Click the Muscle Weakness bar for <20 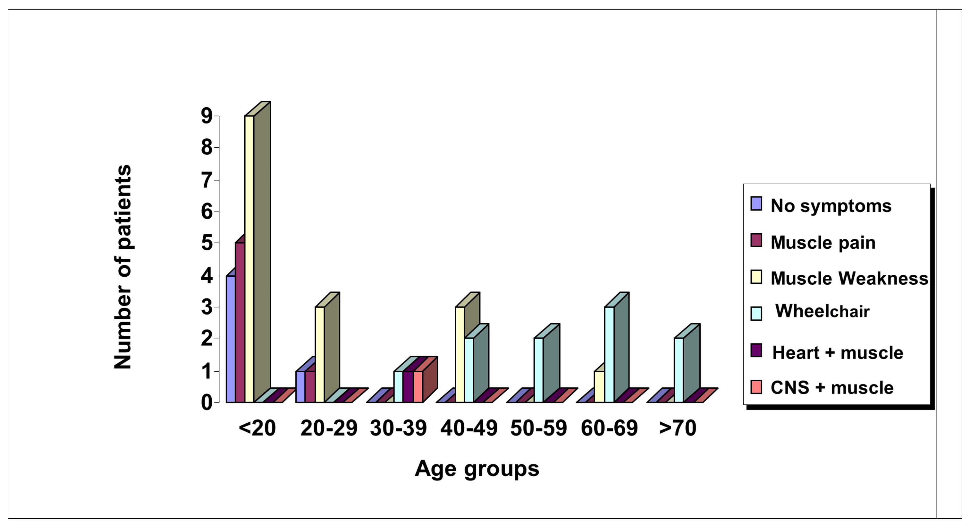[x=249, y=258]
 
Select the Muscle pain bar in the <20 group [x=240, y=322]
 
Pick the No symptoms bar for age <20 [x=231, y=338]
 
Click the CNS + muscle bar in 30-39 [x=418, y=386]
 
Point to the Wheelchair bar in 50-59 [x=538, y=370]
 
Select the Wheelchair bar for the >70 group [x=679, y=370]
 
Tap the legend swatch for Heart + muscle [x=756, y=350]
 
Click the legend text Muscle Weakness [x=849, y=279]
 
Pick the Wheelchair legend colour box [x=756, y=314]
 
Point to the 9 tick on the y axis [x=207, y=116]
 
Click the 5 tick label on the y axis [x=207, y=243]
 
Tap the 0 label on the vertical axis [x=207, y=403]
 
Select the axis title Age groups [x=477, y=469]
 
